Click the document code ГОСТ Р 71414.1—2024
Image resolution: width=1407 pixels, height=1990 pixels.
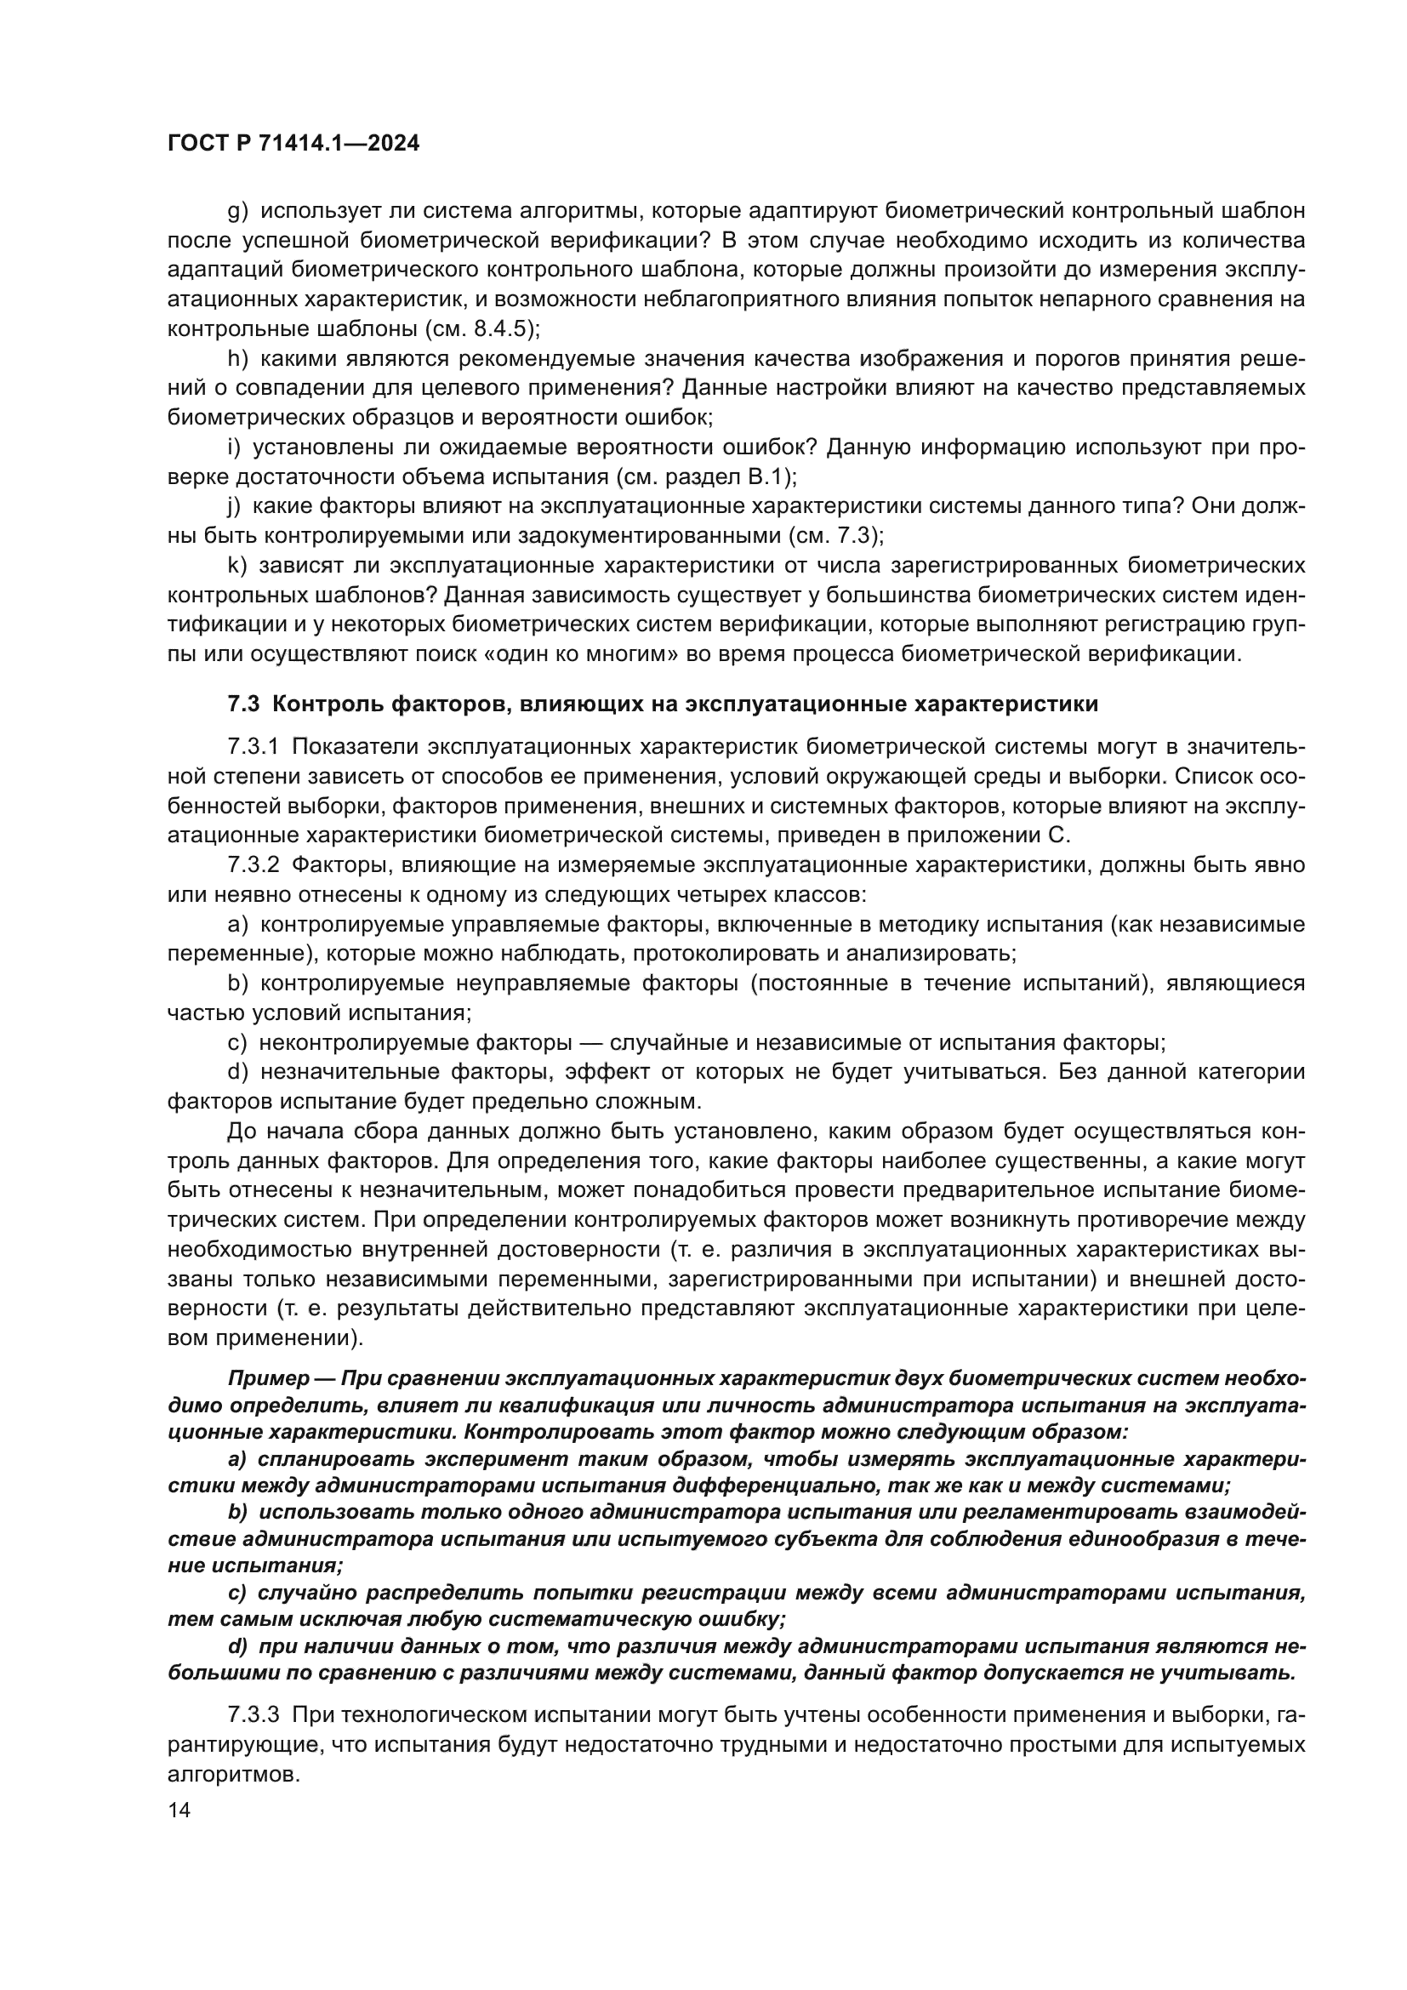click(293, 144)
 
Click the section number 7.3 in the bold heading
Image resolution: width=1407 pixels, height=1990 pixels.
click(243, 704)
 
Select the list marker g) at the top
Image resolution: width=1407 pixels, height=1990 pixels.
click(237, 212)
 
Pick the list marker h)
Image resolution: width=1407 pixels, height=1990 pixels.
click(237, 359)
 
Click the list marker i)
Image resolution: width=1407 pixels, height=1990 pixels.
click(234, 448)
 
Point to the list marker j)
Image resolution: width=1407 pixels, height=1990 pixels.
click(234, 506)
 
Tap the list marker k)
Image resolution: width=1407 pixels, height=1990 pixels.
click(237, 565)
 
